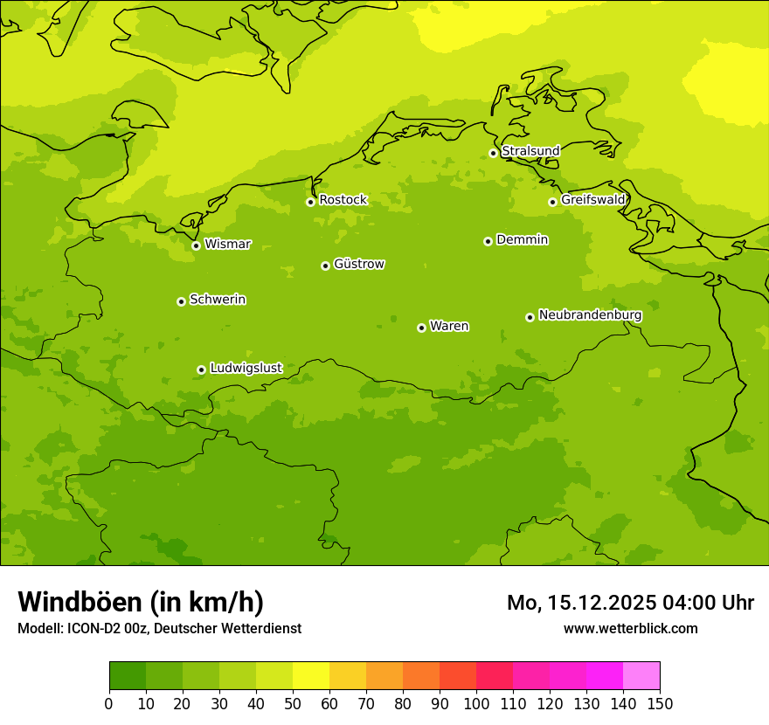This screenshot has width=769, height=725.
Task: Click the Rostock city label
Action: point(343,200)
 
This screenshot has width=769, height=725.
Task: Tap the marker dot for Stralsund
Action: point(493,153)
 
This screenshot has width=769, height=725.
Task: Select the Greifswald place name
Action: point(593,200)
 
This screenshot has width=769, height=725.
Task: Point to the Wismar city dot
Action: point(196,245)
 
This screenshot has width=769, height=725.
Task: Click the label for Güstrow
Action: point(359,264)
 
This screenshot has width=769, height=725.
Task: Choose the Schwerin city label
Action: point(218,300)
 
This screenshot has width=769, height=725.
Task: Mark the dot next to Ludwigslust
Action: point(201,369)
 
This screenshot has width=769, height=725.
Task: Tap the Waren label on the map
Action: point(449,326)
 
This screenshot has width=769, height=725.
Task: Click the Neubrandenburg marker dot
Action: point(530,317)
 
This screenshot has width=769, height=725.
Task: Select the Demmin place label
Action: point(522,239)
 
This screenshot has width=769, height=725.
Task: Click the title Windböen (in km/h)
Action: point(141,602)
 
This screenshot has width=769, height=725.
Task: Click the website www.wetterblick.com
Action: point(630,628)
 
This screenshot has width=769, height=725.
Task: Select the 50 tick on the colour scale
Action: point(293,704)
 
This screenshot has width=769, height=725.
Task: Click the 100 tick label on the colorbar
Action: point(476,704)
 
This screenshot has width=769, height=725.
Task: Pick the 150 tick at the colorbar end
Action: point(660,704)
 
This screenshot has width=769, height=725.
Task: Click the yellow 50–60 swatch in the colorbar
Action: point(311,676)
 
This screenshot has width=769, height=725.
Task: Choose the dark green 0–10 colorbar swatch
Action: point(128,676)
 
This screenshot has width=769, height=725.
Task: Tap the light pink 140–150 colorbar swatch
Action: point(641,676)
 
